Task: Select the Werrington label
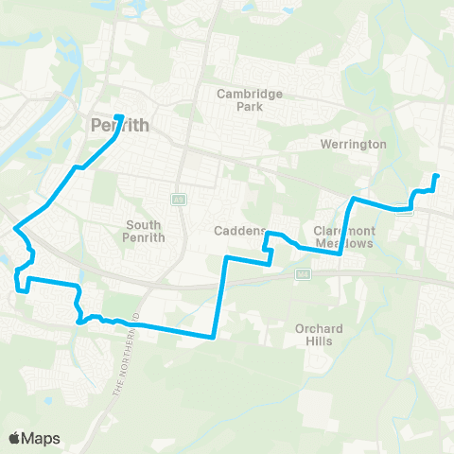coord(354,145)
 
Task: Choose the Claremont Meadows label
coord(344,236)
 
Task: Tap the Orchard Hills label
coord(319,335)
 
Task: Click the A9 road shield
coord(177,200)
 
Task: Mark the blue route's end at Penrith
coord(118,117)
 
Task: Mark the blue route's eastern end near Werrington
coord(436,177)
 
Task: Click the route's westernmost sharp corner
coord(15,227)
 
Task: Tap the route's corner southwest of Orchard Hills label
coord(215,336)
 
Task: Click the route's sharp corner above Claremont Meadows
coord(353,199)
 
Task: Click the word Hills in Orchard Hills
coord(319,341)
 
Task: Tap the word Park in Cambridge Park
coord(250,107)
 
